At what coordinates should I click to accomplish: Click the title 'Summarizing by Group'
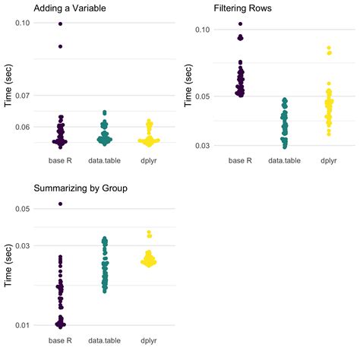(x=79, y=188)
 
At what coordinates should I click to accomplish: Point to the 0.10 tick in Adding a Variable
(x=23, y=24)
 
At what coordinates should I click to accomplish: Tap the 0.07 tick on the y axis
(x=23, y=96)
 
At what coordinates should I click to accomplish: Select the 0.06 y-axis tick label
(x=23, y=127)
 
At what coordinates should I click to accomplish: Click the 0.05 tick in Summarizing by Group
(x=23, y=208)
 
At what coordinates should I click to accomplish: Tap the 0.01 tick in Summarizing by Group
(x=23, y=325)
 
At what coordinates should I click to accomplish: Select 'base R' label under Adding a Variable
(x=60, y=161)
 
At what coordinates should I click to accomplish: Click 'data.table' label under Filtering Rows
(x=285, y=161)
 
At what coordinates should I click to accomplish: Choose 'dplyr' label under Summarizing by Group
(x=148, y=340)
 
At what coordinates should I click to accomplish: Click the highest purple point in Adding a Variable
(x=60, y=24)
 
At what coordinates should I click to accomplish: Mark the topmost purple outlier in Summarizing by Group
(x=60, y=204)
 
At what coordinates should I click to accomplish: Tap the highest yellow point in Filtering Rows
(x=329, y=49)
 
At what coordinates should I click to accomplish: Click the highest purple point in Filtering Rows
(x=241, y=24)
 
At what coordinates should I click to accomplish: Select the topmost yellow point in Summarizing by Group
(x=149, y=232)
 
